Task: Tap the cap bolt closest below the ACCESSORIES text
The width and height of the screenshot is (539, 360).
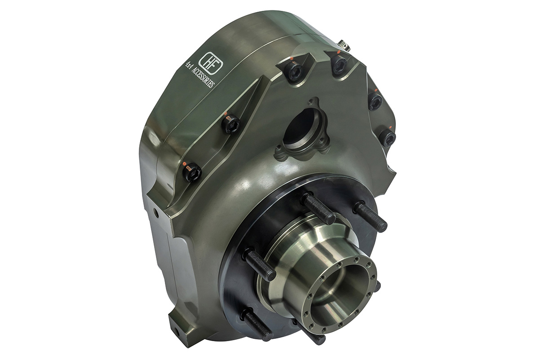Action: [231, 124]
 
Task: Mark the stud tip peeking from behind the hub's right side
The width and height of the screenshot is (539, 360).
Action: [377, 285]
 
